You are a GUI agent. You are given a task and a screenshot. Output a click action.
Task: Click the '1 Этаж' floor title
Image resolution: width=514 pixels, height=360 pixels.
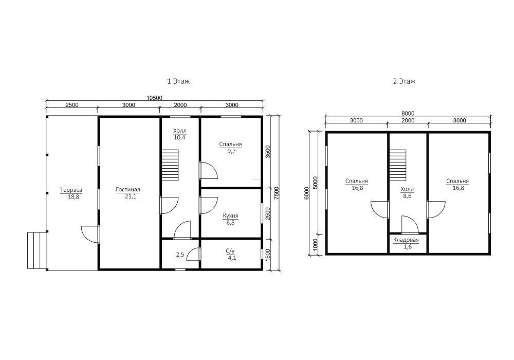[x=178, y=81]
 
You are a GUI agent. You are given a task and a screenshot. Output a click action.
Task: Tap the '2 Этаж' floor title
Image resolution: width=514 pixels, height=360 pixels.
[x=404, y=81]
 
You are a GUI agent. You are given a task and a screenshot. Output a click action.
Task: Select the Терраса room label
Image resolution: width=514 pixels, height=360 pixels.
[x=71, y=190]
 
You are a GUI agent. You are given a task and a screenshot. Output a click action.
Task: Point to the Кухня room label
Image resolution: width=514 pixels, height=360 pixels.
[x=230, y=216]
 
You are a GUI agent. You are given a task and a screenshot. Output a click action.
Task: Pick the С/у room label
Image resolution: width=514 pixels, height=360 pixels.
[x=230, y=251]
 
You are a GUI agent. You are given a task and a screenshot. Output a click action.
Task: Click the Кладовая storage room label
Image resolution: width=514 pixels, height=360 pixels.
[x=406, y=240]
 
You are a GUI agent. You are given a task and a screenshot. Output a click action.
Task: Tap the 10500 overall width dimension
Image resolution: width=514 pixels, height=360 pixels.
[x=154, y=98]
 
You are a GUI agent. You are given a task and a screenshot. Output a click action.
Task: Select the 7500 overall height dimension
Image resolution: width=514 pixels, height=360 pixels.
[x=277, y=193]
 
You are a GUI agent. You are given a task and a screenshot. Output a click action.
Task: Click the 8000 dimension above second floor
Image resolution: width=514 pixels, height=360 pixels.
[x=408, y=114]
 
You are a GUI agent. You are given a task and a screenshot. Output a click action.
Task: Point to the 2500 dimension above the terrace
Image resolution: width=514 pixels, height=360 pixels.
[x=72, y=105]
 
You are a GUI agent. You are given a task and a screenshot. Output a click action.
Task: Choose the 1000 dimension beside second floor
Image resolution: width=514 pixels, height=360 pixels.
[x=315, y=244]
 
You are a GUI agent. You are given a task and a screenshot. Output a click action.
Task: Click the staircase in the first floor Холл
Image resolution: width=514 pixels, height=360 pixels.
[x=170, y=165]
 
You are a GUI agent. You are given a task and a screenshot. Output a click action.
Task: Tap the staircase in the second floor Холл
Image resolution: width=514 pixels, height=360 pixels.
[x=398, y=165]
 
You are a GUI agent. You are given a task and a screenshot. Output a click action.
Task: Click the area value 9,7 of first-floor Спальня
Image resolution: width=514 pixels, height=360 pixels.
[x=231, y=151]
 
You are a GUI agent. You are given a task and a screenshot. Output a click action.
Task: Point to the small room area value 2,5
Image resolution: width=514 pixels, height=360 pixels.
[x=180, y=255]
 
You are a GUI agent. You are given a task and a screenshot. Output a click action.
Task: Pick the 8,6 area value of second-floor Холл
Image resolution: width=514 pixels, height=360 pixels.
[x=407, y=196]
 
